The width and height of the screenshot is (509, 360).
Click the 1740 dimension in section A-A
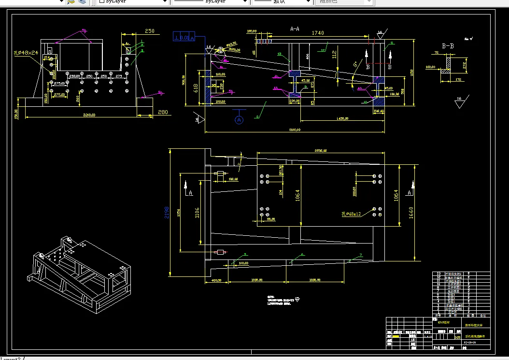(x=318, y=33)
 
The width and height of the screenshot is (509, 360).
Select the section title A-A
(x=295, y=29)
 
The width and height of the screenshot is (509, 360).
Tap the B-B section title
(x=449, y=46)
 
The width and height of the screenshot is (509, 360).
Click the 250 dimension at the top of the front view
(x=150, y=31)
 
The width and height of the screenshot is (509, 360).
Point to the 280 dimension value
(x=163, y=113)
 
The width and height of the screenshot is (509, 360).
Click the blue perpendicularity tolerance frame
(x=184, y=37)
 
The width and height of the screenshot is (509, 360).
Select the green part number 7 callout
(x=360, y=255)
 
